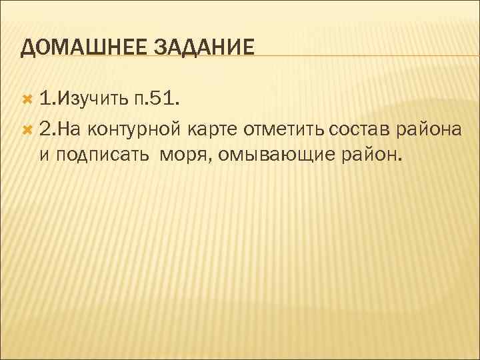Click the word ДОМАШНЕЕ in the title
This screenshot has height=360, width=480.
point(85,48)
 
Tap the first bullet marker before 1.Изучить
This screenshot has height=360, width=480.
point(27,99)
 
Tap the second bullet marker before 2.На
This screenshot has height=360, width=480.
point(27,128)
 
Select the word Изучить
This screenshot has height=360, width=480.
point(92,100)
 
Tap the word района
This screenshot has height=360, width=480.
point(430,129)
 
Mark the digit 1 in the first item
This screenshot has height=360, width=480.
point(44,100)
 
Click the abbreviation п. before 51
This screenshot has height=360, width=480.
point(139,100)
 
